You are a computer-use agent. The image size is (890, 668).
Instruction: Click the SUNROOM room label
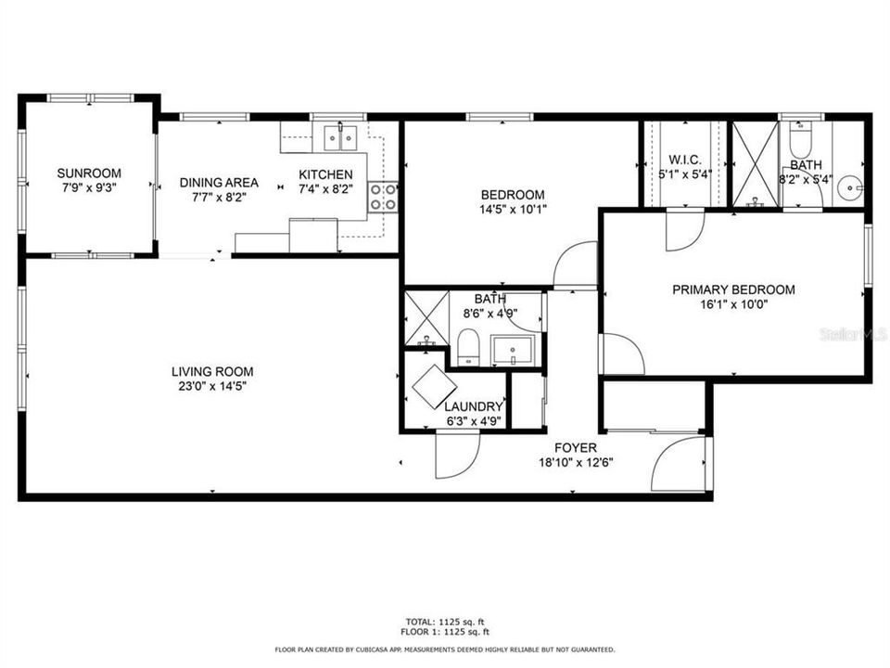(x=89, y=173)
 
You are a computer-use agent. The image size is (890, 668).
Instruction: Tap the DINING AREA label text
(x=219, y=183)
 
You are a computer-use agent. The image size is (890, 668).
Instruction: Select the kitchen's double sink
(x=341, y=137)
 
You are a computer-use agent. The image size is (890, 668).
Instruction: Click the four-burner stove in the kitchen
(x=384, y=196)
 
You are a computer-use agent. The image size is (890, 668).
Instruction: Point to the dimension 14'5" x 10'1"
(x=513, y=209)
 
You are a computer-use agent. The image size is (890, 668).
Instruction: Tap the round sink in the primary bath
(x=848, y=189)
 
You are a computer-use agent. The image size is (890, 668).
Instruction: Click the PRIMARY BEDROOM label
(x=733, y=289)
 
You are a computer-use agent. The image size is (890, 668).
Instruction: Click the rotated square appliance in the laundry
(x=433, y=387)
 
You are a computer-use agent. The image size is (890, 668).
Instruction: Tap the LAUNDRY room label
(x=473, y=406)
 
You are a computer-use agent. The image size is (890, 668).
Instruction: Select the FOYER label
(x=575, y=448)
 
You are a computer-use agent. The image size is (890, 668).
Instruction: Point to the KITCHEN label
(x=325, y=174)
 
